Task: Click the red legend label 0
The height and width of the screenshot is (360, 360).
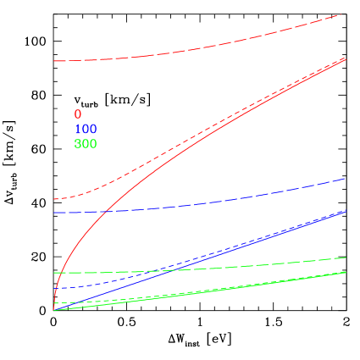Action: point(78,114)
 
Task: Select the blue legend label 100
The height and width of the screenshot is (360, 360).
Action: point(86,129)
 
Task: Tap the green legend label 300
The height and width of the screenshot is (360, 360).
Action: point(86,144)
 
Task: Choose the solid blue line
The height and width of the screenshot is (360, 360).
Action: point(254,241)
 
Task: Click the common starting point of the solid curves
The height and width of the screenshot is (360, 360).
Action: point(53,310)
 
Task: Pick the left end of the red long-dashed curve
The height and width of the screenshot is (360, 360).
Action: point(54,61)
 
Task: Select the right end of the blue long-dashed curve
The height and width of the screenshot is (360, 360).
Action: point(346,179)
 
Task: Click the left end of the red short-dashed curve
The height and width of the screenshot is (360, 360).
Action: point(54,199)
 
